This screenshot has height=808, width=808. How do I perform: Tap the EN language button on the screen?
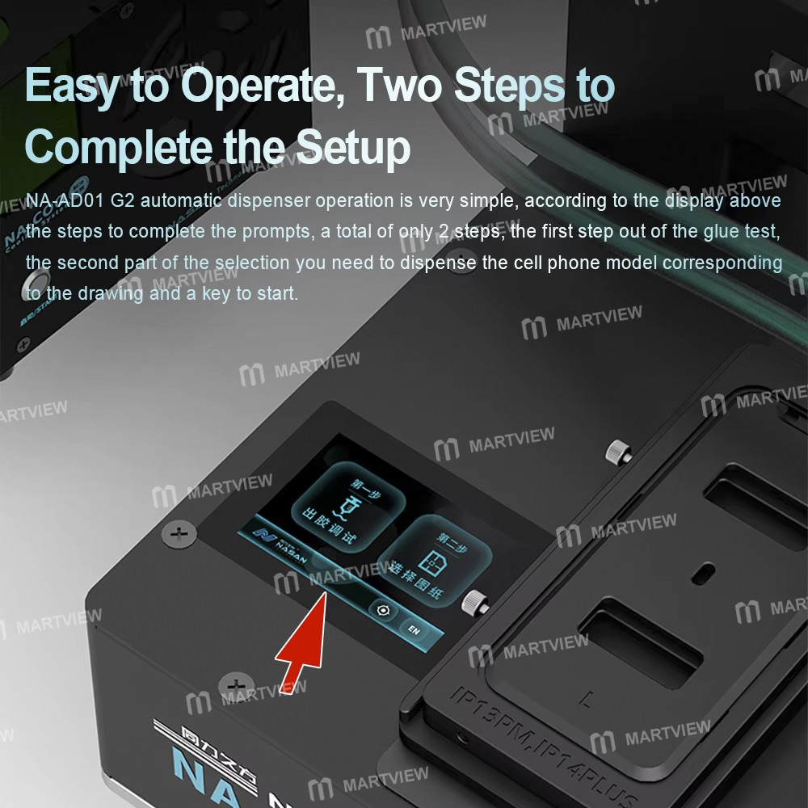click(x=413, y=629)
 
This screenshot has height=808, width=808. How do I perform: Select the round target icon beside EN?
click(x=383, y=611)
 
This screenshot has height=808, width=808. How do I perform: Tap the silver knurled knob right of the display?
click(x=471, y=601)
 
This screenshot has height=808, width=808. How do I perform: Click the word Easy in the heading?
click(x=72, y=86)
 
